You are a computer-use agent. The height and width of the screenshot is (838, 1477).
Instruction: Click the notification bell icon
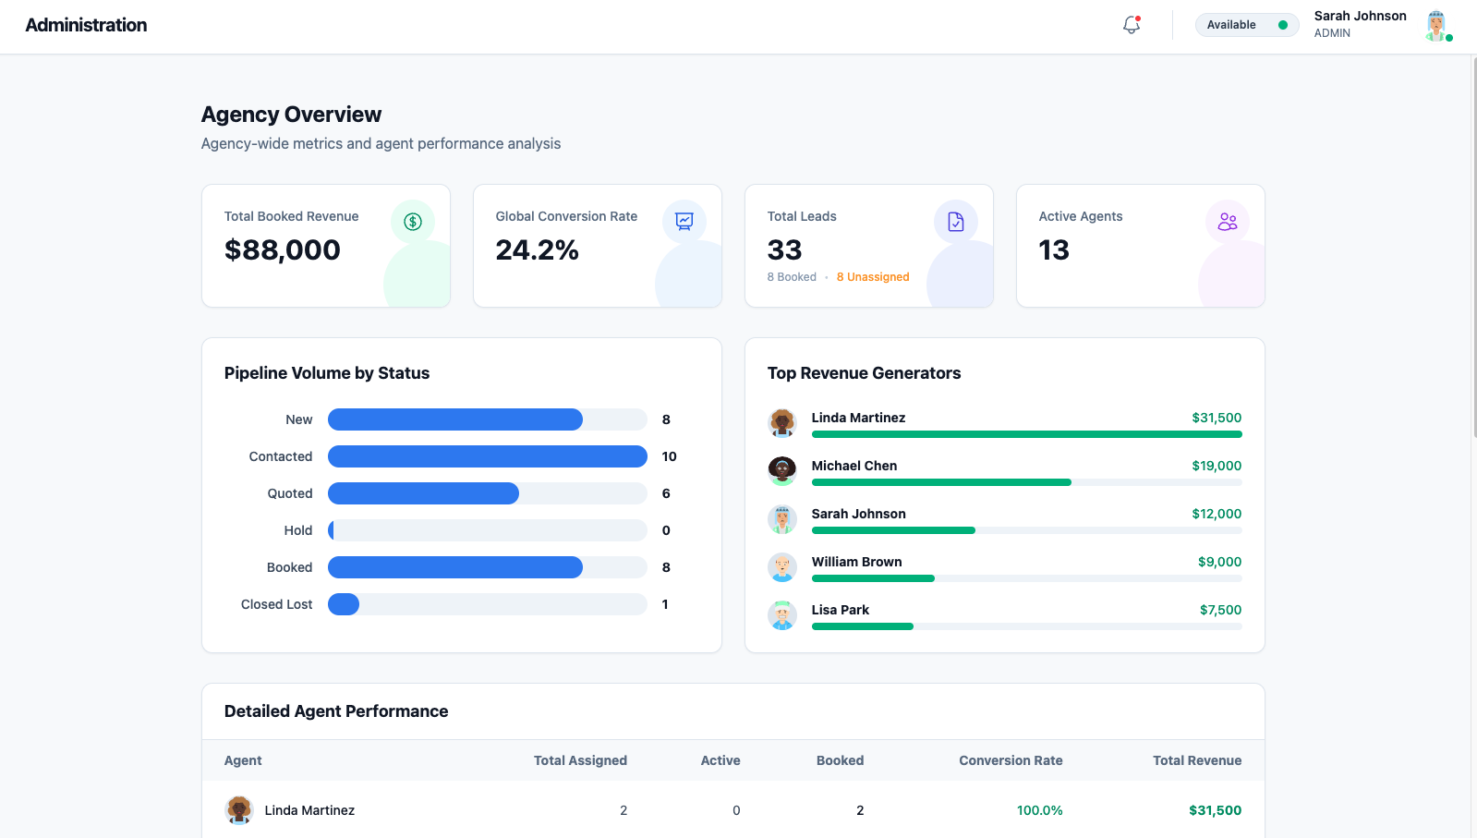[1132, 25]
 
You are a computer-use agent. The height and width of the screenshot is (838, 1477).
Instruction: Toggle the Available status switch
[1281, 25]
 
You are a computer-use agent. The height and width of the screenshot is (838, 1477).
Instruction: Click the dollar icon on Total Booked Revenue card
[413, 222]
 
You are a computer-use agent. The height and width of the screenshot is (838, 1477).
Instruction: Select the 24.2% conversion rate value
[537, 250]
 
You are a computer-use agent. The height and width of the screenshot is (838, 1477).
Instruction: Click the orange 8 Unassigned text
[872, 277]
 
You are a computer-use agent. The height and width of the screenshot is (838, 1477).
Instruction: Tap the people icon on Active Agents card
[1227, 222]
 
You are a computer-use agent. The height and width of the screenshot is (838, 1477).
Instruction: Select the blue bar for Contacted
[487, 456]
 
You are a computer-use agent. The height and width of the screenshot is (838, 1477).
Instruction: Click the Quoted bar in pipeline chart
[423, 493]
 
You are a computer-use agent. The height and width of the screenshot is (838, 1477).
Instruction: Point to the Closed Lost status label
[276, 604]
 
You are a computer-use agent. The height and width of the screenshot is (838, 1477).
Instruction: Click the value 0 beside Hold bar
[666, 530]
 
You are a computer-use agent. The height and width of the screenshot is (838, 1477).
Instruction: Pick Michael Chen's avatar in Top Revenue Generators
[782, 470]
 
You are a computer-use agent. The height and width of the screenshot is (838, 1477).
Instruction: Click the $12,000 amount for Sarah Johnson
[1216, 514]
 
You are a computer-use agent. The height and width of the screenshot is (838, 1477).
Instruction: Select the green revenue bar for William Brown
[873, 578]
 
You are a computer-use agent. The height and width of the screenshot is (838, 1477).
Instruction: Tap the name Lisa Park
[840, 610]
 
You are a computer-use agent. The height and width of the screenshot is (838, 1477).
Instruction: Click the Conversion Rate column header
[1010, 760]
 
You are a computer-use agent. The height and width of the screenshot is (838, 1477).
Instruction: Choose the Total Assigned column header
[580, 760]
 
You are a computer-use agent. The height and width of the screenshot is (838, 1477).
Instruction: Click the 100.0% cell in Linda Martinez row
[1039, 810]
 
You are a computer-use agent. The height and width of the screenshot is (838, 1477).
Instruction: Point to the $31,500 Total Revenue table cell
[1214, 810]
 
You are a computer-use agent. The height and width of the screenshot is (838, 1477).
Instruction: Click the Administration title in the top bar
[86, 25]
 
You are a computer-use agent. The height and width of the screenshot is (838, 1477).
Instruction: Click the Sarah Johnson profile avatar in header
[1435, 25]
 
